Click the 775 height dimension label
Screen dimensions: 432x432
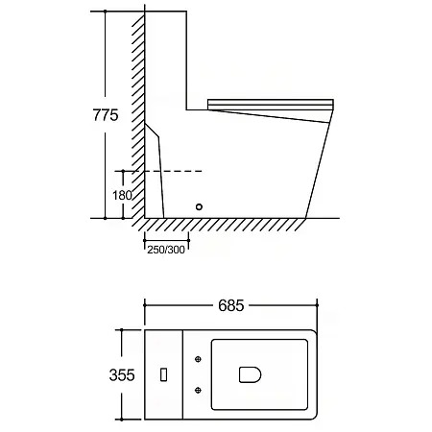tap(106, 115)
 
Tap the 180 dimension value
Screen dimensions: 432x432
tap(122, 195)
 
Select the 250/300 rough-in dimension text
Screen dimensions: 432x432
tap(166, 250)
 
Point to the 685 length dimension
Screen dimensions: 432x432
tap(231, 305)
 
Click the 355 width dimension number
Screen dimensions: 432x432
tap(122, 375)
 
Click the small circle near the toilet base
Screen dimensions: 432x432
tap(199, 206)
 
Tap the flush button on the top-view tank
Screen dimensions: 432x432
tap(163, 374)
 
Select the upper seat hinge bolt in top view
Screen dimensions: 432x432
tap(198, 359)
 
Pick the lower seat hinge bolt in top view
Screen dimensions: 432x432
tap(198, 390)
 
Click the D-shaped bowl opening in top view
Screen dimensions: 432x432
tap(250, 374)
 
